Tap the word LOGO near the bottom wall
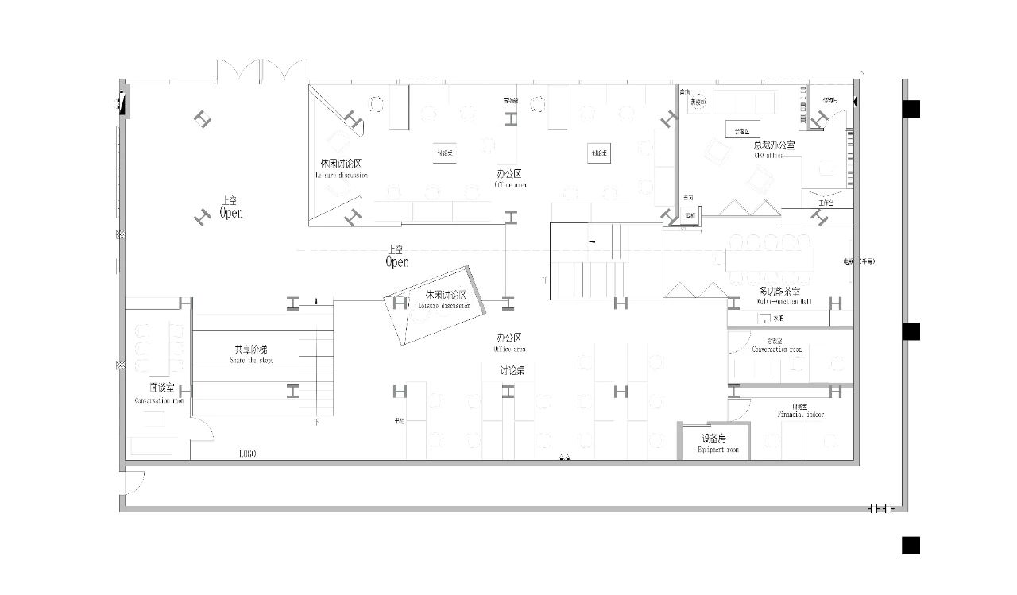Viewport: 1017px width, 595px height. [x=248, y=454]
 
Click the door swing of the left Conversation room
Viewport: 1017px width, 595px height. [x=203, y=429]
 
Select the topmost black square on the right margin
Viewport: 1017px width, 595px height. [x=911, y=108]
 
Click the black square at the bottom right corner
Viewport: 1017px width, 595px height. [x=911, y=545]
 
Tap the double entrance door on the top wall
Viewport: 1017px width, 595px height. [x=261, y=70]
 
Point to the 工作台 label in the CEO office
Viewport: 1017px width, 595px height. [x=826, y=203]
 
